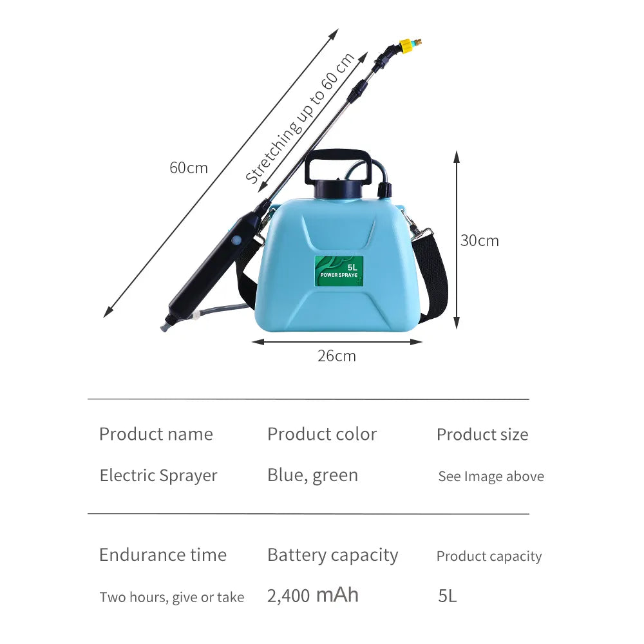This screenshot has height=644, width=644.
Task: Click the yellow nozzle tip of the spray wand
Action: tap(407, 46)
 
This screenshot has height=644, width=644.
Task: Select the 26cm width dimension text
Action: tap(336, 355)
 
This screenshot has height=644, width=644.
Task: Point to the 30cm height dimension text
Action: tap(479, 241)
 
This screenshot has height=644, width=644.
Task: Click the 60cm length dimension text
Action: tap(189, 168)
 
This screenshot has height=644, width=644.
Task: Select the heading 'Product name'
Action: tap(156, 434)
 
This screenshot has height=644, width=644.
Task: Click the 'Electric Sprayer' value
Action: tap(158, 476)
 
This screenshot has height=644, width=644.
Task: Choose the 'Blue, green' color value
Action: tap(312, 475)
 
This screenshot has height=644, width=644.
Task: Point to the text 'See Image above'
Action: tap(491, 477)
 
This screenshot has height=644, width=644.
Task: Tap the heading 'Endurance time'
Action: tap(163, 555)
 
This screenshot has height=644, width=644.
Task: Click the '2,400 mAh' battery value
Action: tap(313, 595)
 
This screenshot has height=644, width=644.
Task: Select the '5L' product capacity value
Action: tap(447, 596)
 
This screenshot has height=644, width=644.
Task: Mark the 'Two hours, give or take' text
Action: tap(172, 597)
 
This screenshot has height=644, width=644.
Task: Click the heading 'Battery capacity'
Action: tap(332, 555)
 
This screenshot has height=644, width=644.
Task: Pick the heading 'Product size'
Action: tap(482, 435)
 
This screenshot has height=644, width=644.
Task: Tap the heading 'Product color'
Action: tap(322, 434)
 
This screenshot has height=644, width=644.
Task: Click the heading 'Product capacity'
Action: tap(489, 556)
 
